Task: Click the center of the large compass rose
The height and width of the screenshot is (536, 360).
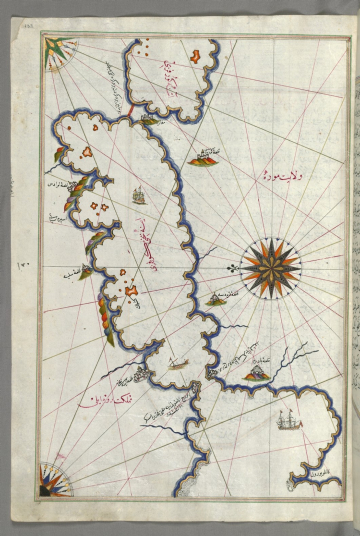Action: coord(270,268)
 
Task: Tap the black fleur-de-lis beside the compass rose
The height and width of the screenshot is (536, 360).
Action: coord(233,268)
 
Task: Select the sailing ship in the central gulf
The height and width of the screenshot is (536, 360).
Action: coord(139,196)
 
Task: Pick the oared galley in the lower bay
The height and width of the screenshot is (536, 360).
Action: coord(178,364)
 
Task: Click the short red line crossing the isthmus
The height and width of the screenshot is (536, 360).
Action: coord(131,111)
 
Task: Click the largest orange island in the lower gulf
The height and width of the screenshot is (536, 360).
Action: coord(132,291)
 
